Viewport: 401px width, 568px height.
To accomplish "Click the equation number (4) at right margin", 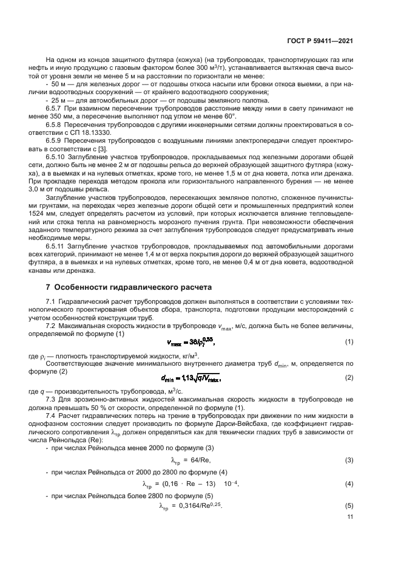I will [349, 483].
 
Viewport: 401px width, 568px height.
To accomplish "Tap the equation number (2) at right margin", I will [349, 378].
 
